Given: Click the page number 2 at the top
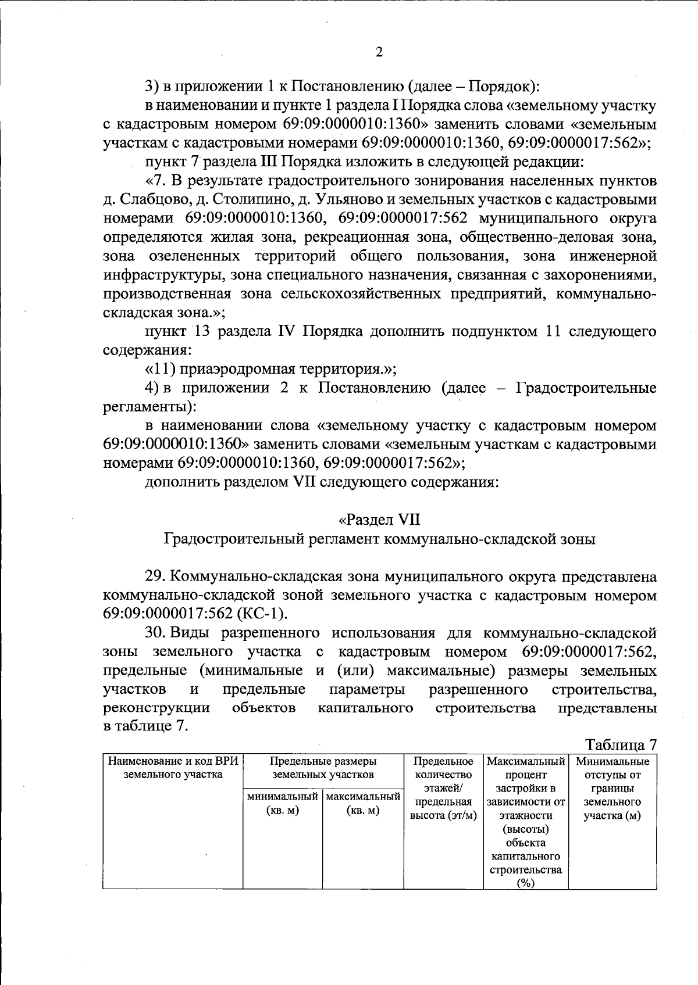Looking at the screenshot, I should pos(379,53).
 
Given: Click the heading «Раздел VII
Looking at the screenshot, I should pos(379,520).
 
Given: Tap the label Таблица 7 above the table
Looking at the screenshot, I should pos(621,745).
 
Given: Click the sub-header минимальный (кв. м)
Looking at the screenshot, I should pos(283,803).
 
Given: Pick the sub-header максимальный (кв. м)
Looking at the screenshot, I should pos(363,803).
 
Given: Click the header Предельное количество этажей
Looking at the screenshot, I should pos(443,775).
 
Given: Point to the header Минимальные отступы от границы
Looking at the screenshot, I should pos(612,775).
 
